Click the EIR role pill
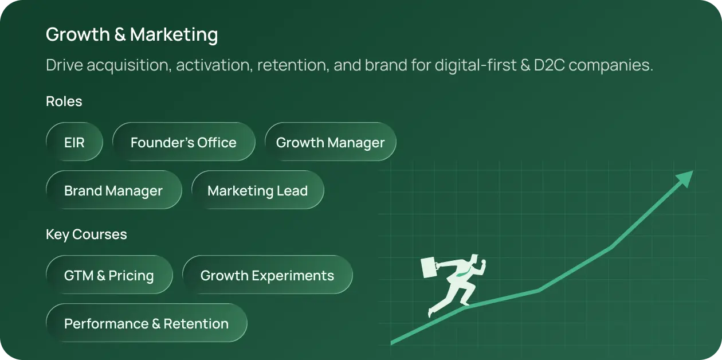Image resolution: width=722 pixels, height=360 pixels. pos(74,142)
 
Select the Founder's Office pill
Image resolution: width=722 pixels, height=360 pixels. pos(184,142)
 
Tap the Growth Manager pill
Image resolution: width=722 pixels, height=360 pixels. pos(331,142)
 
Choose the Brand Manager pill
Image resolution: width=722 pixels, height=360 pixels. pos(114,190)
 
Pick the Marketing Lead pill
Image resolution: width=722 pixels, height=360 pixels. pos(257,190)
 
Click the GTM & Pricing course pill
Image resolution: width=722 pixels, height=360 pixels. pos(109,275)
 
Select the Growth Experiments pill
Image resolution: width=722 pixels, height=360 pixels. pos(267,275)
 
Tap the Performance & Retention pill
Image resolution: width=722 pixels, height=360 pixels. pos(147,323)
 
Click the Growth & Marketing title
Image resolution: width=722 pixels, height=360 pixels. pos(132,34)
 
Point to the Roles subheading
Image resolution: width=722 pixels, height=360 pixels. pos(64,101)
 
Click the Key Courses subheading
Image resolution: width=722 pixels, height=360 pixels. pos(87,234)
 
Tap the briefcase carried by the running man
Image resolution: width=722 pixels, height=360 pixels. pos(430,267)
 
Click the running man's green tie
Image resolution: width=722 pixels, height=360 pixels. pos(462,273)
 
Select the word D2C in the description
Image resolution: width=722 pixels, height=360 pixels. pos(549,65)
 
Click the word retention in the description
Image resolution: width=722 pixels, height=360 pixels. pos(293,65)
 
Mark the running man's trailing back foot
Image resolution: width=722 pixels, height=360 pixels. pos(431,312)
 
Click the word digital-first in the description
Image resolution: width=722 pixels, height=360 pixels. pos(476,66)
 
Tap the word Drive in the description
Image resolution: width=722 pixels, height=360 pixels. pos(64,65)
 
